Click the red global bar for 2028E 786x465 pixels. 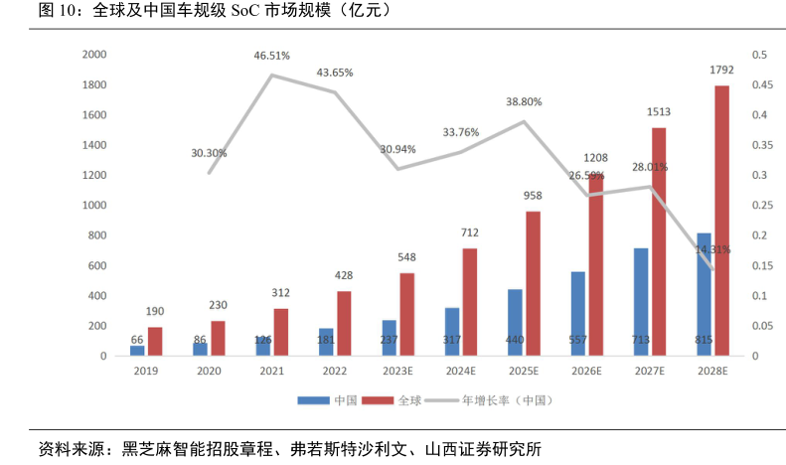pyautogui.click(x=722, y=221)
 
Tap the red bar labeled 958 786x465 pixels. pyautogui.click(x=534, y=283)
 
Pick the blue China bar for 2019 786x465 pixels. pyautogui.click(x=137, y=350)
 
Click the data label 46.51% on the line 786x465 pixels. pyautogui.click(x=272, y=57)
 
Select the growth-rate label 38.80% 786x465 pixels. pyautogui.click(x=525, y=101)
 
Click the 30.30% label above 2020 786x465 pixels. pyautogui.click(x=210, y=153)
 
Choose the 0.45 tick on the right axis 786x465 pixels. pyautogui.click(x=759, y=85)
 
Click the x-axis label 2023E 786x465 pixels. pyautogui.click(x=398, y=371)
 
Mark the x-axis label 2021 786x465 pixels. pyautogui.click(x=272, y=371)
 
